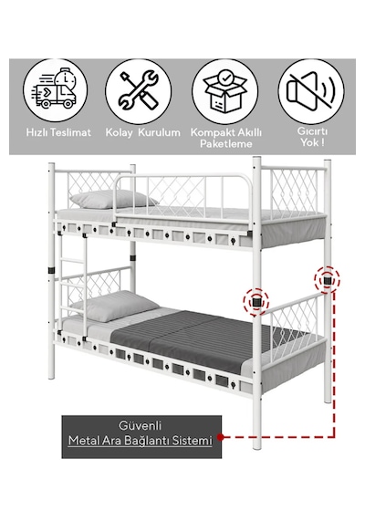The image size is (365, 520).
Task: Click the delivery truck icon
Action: pyautogui.click(x=55, y=90)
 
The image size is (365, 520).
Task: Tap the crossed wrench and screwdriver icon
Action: pyautogui.click(x=139, y=90)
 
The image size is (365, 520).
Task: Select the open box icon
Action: pyautogui.click(x=225, y=90)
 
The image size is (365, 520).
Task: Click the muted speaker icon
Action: pyautogui.click(x=311, y=90)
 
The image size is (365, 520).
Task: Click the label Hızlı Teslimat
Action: pyautogui.click(x=58, y=132)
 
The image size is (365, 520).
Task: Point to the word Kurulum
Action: pyautogui.click(x=159, y=132)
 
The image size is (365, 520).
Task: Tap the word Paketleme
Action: pyautogui.click(x=226, y=144)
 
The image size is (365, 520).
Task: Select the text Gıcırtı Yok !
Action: pyautogui.click(x=312, y=137)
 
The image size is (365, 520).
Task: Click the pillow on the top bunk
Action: pyautogui.click(x=113, y=199)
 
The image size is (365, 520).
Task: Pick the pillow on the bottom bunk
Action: pyautogui.click(x=114, y=305)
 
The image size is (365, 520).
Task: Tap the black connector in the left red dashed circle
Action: pyautogui.click(x=256, y=302)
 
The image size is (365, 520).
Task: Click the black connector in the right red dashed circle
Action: pyautogui.click(x=328, y=281)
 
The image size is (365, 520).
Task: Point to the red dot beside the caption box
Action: pyautogui.click(x=220, y=437)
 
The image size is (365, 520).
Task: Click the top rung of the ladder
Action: pyautogui.click(x=72, y=261)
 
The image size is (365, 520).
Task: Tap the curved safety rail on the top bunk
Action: pyautogui.click(x=183, y=198)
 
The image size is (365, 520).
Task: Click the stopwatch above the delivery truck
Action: pyautogui.click(x=66, y=78)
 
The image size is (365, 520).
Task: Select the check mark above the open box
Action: pyautogui.click(x=225, y=78)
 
